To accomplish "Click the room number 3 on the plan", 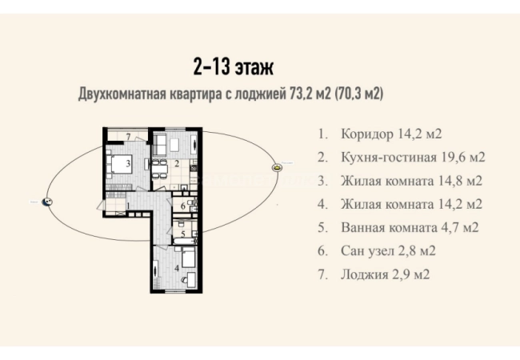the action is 128,163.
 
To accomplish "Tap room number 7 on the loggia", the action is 129,137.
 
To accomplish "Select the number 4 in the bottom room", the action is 177,267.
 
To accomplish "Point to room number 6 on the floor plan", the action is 183,206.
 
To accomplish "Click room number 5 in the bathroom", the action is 183,234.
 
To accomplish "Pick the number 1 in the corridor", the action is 128,206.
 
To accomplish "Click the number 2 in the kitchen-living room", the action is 177,163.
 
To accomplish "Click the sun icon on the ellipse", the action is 276,167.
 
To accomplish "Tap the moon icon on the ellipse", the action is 47,202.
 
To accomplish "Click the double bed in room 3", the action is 120,164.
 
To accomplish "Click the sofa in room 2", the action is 160,145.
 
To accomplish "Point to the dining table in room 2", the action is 159,169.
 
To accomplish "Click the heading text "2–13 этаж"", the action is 233,67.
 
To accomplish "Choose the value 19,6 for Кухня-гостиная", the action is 452,157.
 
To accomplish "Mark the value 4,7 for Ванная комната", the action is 450,228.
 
